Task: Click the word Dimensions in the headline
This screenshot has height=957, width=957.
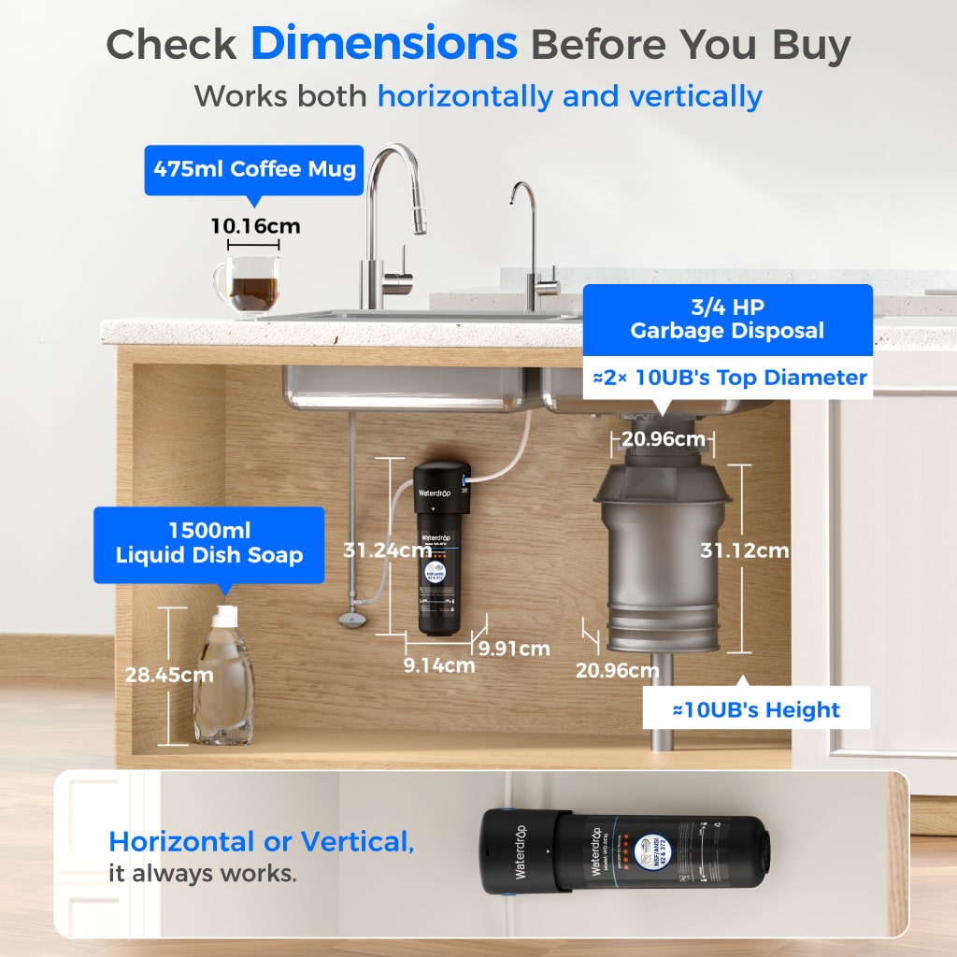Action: pyautogui.click(x=383, y=44)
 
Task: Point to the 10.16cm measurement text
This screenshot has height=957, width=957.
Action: pyautogui.click(x=254, y=226)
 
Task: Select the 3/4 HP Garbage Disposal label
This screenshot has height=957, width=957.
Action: pyautogui.click(x=727, y=320)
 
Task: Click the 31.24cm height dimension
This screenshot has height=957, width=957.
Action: pyautogui.click(x=386, y=550)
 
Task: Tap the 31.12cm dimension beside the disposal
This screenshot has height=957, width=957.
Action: pyautogui.click(x=745, y=550)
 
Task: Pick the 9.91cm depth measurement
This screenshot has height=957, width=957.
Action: pyautogui.click(x=514, y=648)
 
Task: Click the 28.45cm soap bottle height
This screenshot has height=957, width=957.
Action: pyautogui.click(x=169, y=674)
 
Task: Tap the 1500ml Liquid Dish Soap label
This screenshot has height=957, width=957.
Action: pyautogui.click(x=209, y=544)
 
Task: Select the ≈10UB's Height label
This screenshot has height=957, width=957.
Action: pyautogui.click(x=756, y=709)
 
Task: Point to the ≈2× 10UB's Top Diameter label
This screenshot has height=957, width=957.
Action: pyautogui.click(x=730, y=378)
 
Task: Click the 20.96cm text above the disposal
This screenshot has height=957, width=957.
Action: pyautogui.click(x=663, y=438)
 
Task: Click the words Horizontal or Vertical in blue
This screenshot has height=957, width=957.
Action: pyautogui.click(x=262, y=841)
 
